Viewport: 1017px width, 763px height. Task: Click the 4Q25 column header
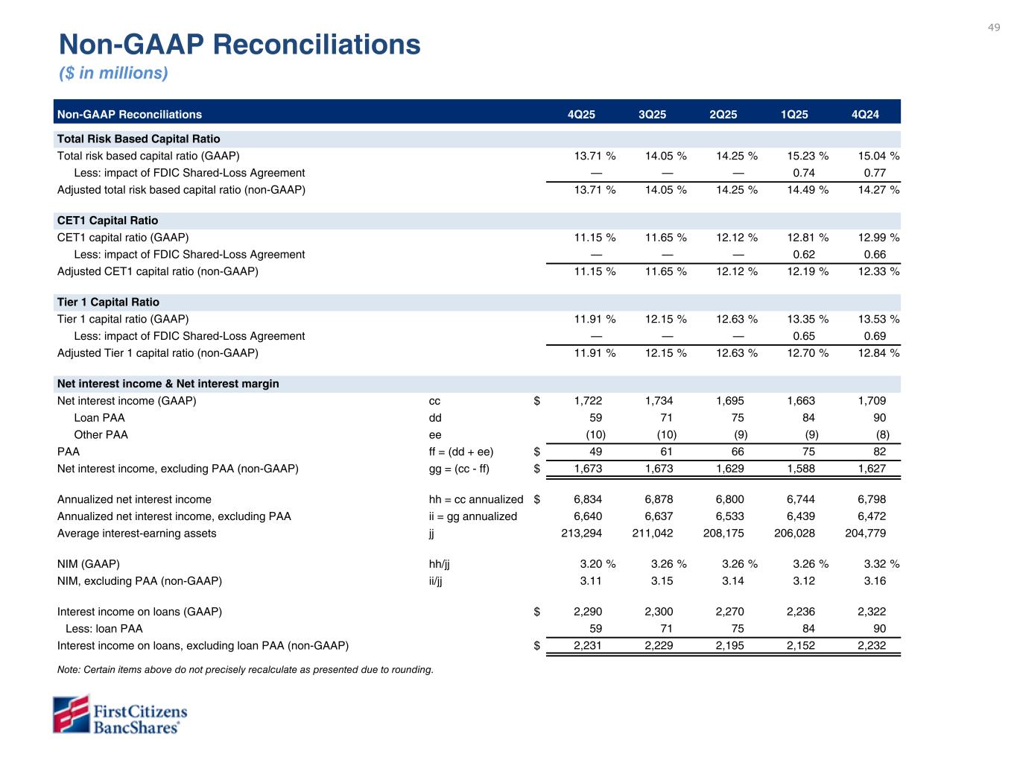pos(581,115)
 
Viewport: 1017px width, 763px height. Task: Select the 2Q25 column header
pos(723,115)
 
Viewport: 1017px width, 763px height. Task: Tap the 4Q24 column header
pos(865,115)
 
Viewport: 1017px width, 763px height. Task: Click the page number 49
pos(994,28)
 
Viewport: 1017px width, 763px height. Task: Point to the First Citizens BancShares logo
pos(120,715)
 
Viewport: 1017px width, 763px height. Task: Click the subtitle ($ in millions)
pos(113,73)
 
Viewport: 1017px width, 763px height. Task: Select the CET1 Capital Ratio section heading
pos(107,221)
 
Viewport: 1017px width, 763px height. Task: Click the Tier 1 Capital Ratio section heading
pos(108,302)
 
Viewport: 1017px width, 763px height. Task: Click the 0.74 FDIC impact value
pos(804,173)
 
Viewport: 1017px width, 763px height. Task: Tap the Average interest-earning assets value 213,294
pos(581,533)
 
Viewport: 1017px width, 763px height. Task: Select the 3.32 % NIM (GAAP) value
pos(878,564)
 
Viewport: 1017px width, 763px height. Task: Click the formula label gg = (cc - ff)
pos(455,469)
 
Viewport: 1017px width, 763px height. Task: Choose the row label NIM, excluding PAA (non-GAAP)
pos(139,580)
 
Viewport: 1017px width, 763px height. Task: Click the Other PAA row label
pos(101,434)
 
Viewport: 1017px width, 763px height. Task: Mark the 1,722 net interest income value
pos(588,401)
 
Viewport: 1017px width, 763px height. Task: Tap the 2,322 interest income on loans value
pos(872,612)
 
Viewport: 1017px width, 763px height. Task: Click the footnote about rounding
pos(245,670)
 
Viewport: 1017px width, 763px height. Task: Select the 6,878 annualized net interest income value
pos(659,499)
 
